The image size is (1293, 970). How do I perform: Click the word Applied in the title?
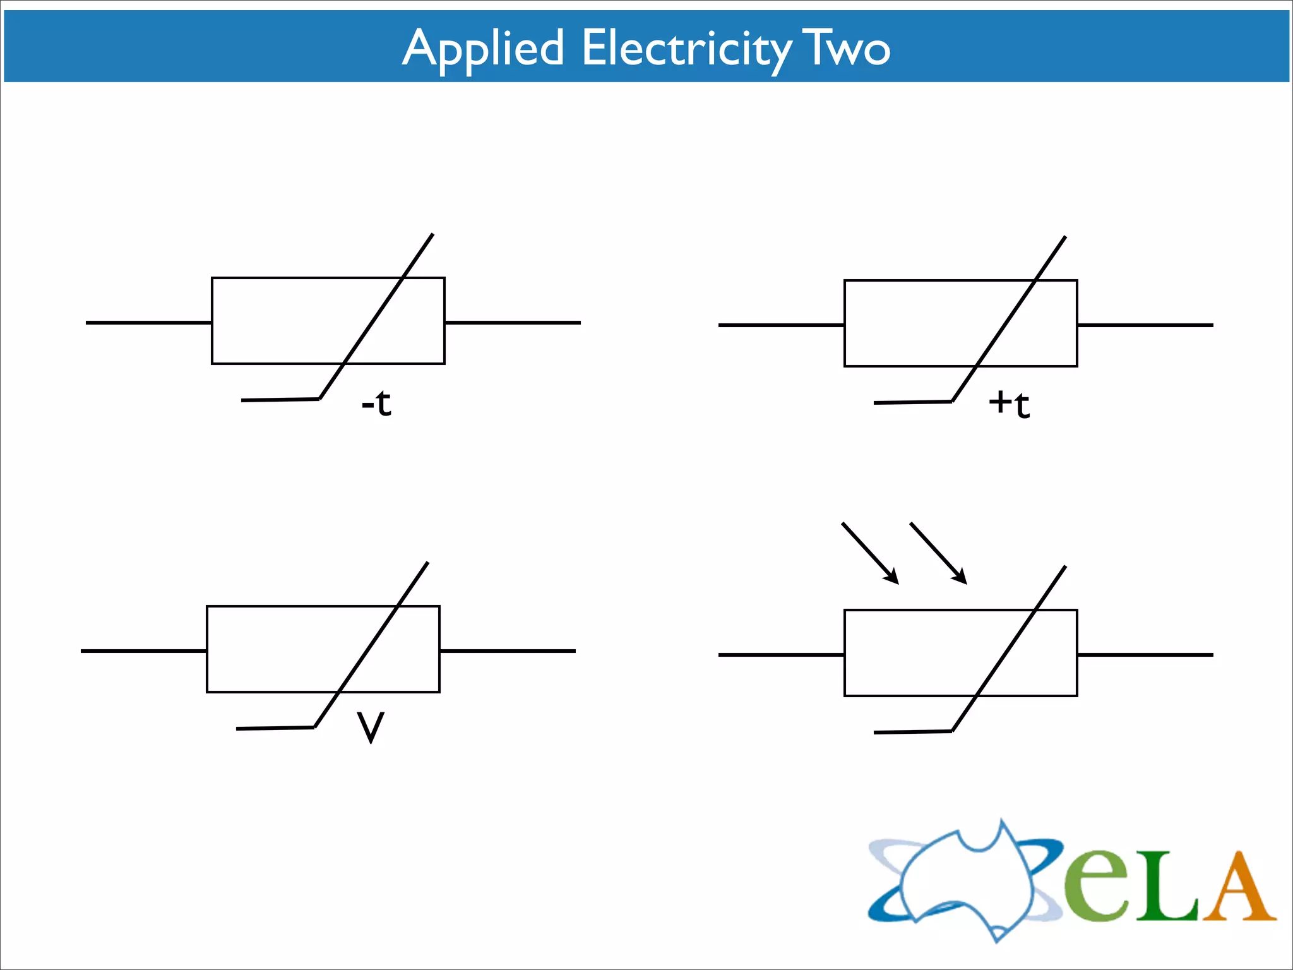pyautogui.click(x=483, y=49)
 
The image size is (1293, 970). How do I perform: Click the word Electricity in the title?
pyautogui.click(x=686, y=49)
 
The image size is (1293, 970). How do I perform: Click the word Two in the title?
pyautogui.click(x=846, y=49)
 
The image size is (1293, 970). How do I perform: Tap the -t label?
pyautogui.click(x=377, y=403)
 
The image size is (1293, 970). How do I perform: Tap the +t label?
pyautogui.click(x=1009, y=404)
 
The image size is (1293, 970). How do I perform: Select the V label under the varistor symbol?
pyautogui.click(x=371, y=727)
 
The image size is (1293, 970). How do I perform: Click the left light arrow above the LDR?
pyautogui.click(x=870, y=553)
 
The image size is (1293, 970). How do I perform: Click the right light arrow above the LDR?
pyautogui.click(x=938, y=553)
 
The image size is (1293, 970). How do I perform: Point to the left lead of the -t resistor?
pyautogui.click(x=148, y=323)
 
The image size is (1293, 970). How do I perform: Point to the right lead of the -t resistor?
pyautogui.click(x=513, y=323)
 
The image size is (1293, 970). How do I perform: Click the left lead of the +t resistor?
pyautogui.click(x=781, y=325)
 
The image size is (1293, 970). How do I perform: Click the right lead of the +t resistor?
pyautogui.click(x=1145, y=325)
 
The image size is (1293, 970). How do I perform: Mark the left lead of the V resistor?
pyautogui.click(x=143, y=651)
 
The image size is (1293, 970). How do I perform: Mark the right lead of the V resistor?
pyautogui.click(x=508, y=651)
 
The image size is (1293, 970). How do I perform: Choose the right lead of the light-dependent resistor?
pyautogui.click(x=1145, y=655)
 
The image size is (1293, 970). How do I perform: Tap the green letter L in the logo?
pyautogui.click(x=1166, y=890)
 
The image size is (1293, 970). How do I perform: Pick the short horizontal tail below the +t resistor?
pyautogui.click(x=912, y=402)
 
